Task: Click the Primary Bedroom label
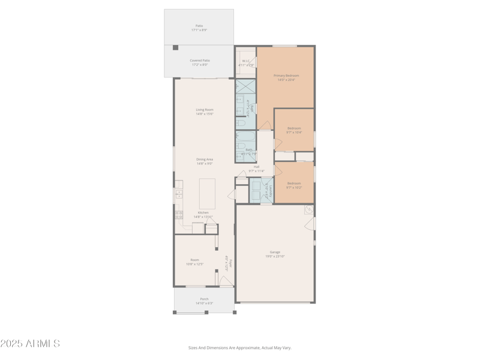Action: (286, 77)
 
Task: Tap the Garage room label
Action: (275, 254)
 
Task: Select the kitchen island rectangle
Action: (207, 193)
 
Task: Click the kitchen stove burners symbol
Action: (179, 214)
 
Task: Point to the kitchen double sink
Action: (179, 194)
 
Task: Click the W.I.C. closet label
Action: (246, 62)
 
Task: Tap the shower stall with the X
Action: (245, 88)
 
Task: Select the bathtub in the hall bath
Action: (245, 143)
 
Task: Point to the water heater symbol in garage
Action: (308, 210)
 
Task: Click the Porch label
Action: (204, 301)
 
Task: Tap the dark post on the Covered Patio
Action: (175, 47)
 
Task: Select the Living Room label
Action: (204, 112)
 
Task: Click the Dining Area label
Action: (204, 161)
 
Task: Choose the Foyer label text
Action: (228, 263)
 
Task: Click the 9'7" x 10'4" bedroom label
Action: (294, 130)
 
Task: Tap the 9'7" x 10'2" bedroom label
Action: (294, 185)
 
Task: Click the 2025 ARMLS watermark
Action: (30, 344)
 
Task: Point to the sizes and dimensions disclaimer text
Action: (239, 347)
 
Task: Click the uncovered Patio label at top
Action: (199, 28)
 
